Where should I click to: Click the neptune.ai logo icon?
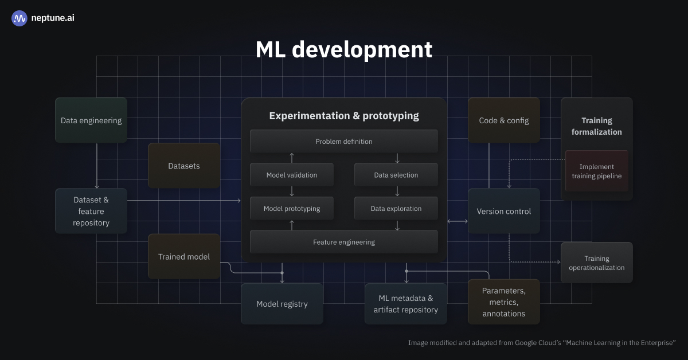[x=19, y=18]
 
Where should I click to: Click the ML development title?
[x=343, y=50]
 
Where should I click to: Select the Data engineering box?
[x=91, y=120]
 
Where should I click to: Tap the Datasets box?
[x=184, y=166]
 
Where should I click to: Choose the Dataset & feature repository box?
[x=91, y=211]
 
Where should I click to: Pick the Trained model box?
[x=184, y=256]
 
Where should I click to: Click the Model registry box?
[x=282, y=304]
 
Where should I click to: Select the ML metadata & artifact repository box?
[x=406, y=304]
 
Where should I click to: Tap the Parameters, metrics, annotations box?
[x=503, y=302]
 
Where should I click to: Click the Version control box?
[x=503, y=211]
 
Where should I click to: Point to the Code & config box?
[x=503, y=120]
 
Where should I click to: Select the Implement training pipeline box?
[x=596, y=171]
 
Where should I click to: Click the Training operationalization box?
[x=596, y=263]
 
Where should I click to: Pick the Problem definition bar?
[x=343, y=141]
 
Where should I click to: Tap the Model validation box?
[x=291, y=175]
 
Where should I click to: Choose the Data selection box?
[x=396, y=175]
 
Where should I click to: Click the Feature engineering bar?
[x=343, y=242]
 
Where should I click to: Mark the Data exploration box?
[x=396, y=209]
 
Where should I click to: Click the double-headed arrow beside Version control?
[x=457, y=221]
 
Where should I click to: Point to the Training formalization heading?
[x=596, y=126]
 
